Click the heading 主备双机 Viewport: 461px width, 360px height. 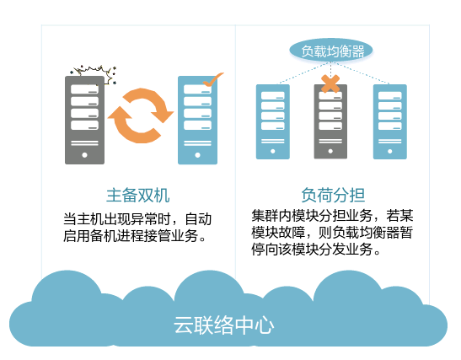pos(138,196)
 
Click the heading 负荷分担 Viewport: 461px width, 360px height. pos(333,196)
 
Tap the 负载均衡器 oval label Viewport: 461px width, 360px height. pos(331,51)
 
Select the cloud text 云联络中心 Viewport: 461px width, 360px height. pos(223,325)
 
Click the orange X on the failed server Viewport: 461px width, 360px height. pos(330,83)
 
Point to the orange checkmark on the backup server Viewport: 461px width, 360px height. pos(213,79)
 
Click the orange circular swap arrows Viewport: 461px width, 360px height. pos(141,116)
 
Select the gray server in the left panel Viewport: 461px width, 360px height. pos(84,120)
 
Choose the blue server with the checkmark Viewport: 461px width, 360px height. pos(197,120)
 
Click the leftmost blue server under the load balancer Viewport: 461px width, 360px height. pos(273,121)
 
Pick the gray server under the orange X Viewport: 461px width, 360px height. pos(330,121)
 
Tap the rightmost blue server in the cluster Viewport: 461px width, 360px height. pos(390,121)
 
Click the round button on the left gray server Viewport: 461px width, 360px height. pos(84,155)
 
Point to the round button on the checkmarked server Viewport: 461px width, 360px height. pos(197,155)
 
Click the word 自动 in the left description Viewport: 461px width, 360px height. pos(198,219)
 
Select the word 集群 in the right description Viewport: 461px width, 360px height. pos(265,216)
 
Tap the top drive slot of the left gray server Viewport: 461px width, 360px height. pos(84,89)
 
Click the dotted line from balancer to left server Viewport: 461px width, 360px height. pos(303,73)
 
